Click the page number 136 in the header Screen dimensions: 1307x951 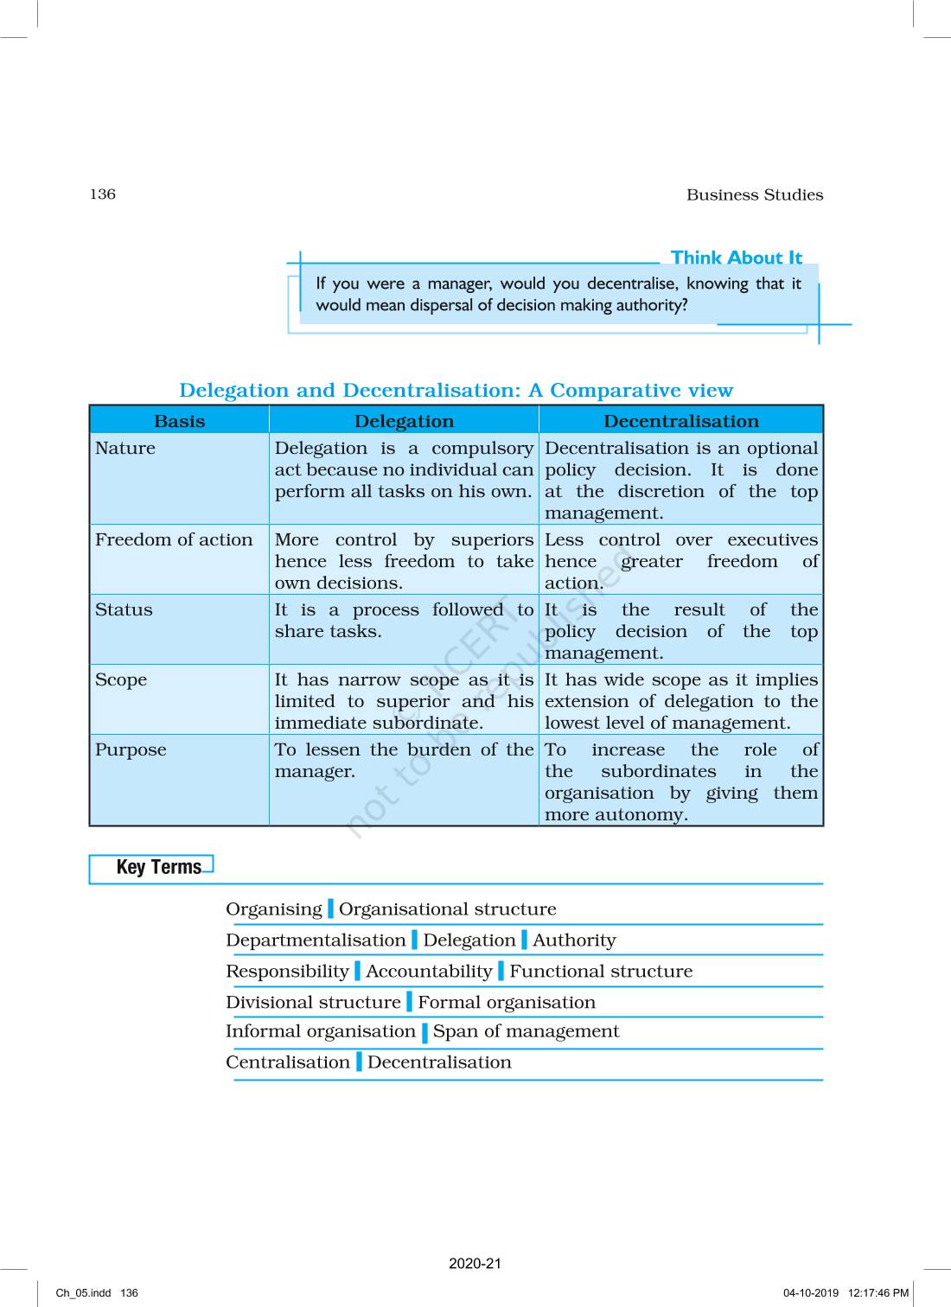click(x=103, y=194)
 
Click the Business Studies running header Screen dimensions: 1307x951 click(x=754, y=195)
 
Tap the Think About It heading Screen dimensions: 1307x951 click(x=737, y=258)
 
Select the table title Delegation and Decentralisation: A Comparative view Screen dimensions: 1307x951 click(x=456, y=391)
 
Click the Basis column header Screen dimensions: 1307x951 click(x=179, y=421)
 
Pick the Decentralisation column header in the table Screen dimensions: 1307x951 click(x=680, y=421)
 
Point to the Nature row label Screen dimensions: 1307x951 click(x=125, y=449)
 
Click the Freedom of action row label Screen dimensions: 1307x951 click(x=174, y=540)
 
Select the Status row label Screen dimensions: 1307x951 click(x=124, y=610)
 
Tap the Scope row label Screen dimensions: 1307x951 click(x=121, y=680)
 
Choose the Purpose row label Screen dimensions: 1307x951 click(x=131, y=750)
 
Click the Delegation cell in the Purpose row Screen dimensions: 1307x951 click(x=404, y=761)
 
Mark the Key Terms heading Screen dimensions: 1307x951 click(x=158, y=867)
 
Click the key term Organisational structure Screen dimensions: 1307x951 click(x=447, y=909)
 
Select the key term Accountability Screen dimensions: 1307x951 click(x=429, y=972)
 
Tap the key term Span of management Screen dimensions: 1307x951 click(x=526, y=1031)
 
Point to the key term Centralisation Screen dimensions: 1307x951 click(x=288, y=1062)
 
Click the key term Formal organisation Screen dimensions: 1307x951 click(x=507, y=1003)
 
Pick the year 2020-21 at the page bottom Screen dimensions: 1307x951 click(x=475, y=1264)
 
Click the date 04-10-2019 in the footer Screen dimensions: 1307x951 click(x=811, y=1293)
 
